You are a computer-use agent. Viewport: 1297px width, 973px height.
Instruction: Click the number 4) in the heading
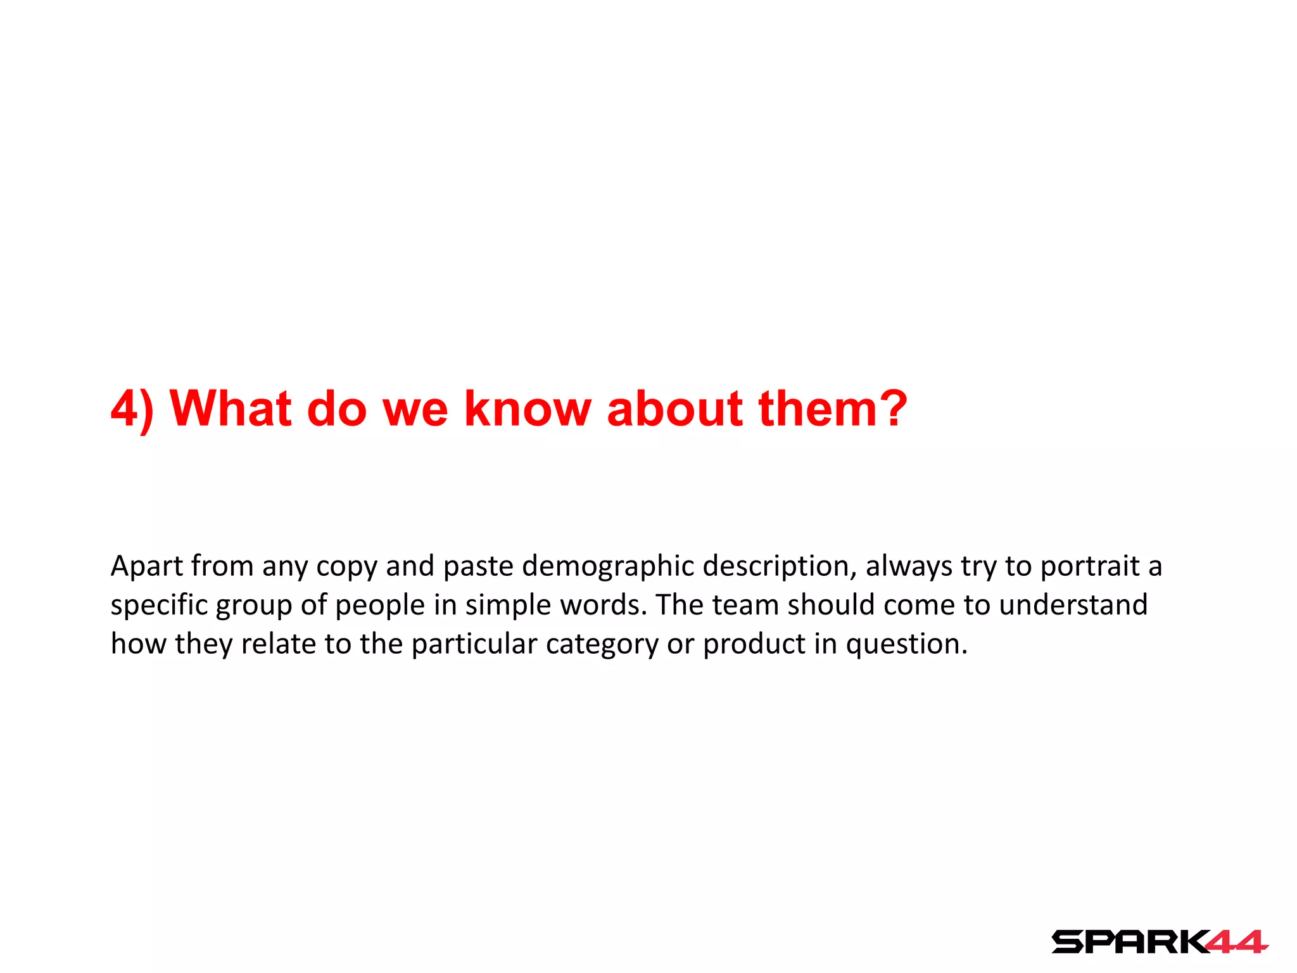pyautogui.click(x=132, y=409)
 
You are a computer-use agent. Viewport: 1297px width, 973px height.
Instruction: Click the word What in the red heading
pyautogui.click(x=231, y=409)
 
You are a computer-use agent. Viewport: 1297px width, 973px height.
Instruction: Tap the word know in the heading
pyautogui.click(x=527, y=409)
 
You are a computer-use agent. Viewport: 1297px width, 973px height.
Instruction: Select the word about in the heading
pyautogui.click(x=674, y=409)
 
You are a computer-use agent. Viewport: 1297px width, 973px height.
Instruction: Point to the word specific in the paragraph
pyautogui.click(x=159, y=605)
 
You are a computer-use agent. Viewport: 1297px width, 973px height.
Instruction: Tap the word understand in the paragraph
pyautogui.click(x=1073, y=605)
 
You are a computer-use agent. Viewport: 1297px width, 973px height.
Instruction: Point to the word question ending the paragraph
pyautogui.click(x=906, y=644)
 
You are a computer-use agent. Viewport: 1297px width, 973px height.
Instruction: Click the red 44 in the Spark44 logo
pyautogui.click(x=1235, y=942)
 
